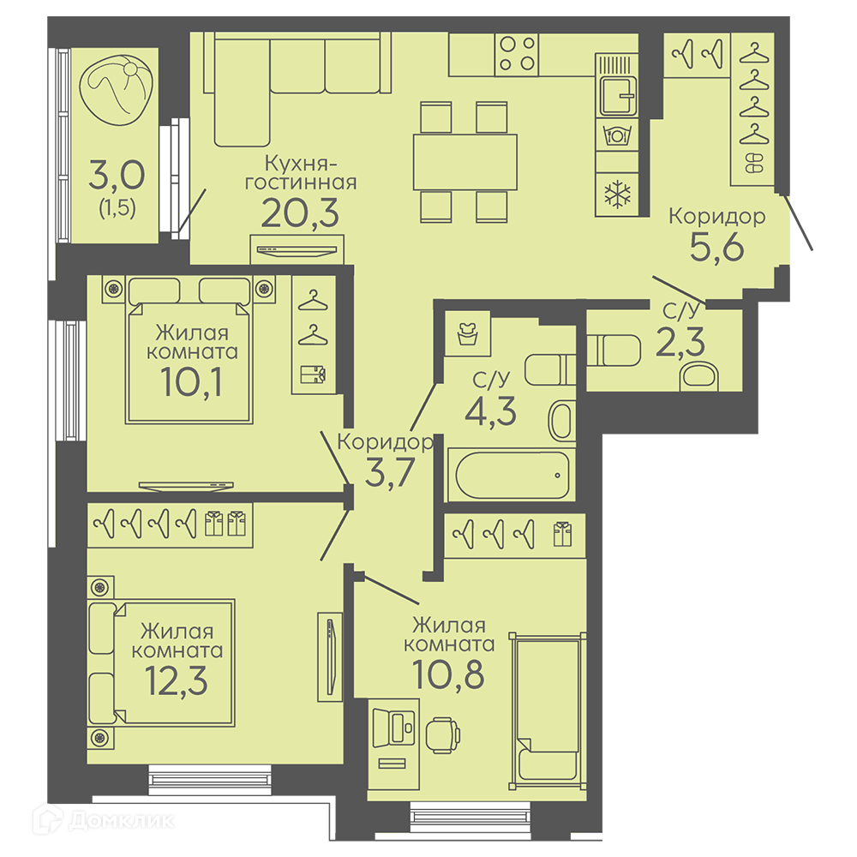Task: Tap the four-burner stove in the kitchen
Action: coord(517,54)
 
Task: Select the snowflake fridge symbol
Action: coord(617,195)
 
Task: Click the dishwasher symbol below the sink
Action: coord(617,134)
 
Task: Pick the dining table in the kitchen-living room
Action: coord(465,162)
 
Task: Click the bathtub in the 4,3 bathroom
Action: coord(512,475)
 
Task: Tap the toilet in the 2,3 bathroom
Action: coord(614,351)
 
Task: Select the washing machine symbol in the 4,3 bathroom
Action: coord(468,334)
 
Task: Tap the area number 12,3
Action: coord(177,680)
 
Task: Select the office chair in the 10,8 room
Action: coord(442,735)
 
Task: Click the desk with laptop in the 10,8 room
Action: coord(393,744)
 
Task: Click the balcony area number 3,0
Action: coord(117,174)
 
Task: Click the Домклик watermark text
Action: coord(122,820)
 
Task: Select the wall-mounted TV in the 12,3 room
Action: coord(330,657)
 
